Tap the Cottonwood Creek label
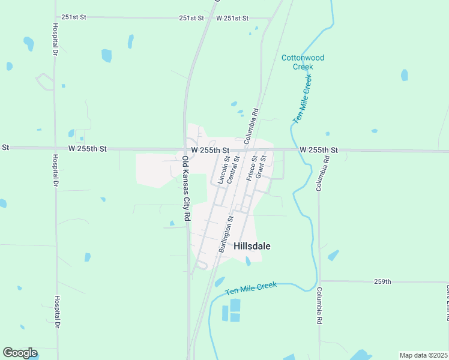click(x=303, y=62)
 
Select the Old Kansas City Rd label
click(x=187, y=188)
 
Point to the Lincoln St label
click(x=223, y=169)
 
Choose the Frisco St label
click(x=252, y=168)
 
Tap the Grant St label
click(x=261, y=167)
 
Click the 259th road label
click(x=382, y=281)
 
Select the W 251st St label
click(x=232, y=18)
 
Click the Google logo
click(x=20, y=353)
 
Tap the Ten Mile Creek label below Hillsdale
click(x=252, y=288)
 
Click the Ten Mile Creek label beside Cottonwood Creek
click(x=303, y=99)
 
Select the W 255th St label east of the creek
click(x=319, y=149)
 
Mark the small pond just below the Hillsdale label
click(x=248, y=261)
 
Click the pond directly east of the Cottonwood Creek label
click(x=405, y=75)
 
